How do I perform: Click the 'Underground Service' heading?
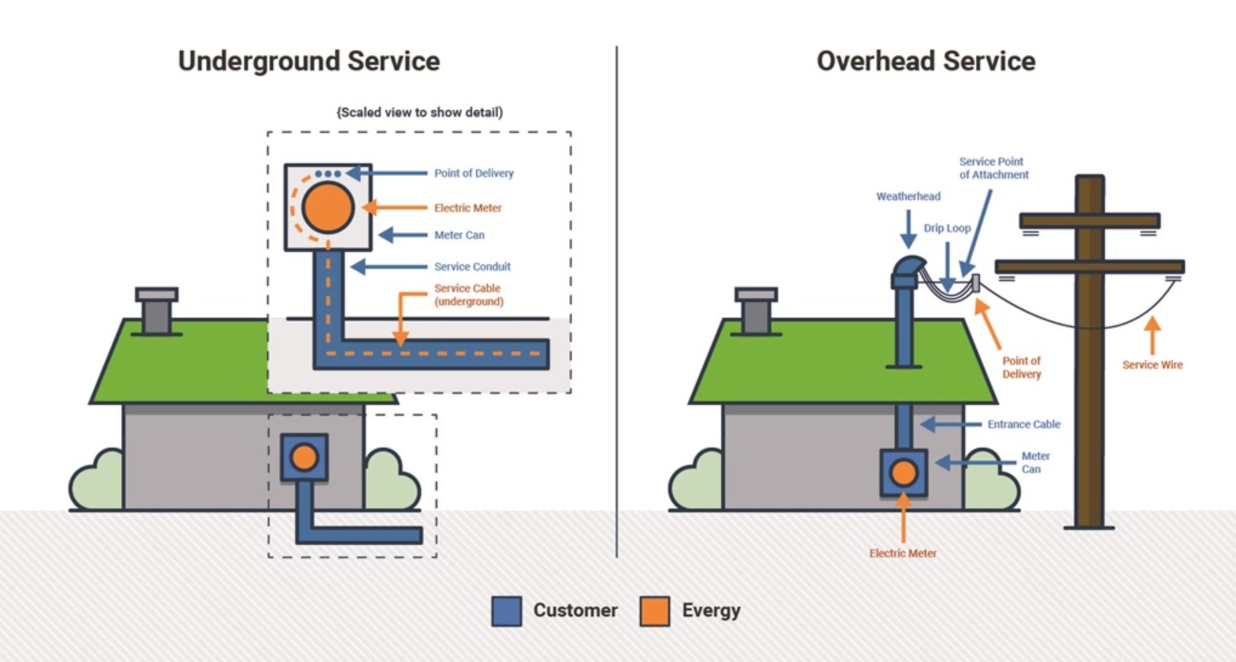[x=308, y=61]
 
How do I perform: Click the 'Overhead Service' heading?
[x=925, y=61]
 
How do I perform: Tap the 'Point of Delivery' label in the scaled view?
[x=474, y=173]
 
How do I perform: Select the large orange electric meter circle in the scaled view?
[x=328, y=208]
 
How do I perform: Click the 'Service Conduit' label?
[x=472, y=267]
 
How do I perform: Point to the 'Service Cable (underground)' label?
[x=468, y=295]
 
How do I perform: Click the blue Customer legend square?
[x=506, y=611]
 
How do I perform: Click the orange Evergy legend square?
[x=654, y=611]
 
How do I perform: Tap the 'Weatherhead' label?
[x=908, y=196]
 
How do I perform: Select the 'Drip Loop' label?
[x=946, y=228]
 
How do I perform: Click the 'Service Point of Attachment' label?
[x=993, y=168]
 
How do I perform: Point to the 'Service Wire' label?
[x=1152, y=365]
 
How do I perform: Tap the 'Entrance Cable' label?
[x=1024, y=425]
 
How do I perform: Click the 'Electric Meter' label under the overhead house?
[x=903, y=553]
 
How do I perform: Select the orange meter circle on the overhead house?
[x=903, y=473]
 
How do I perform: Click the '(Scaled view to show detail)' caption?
[x=419, y=112]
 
